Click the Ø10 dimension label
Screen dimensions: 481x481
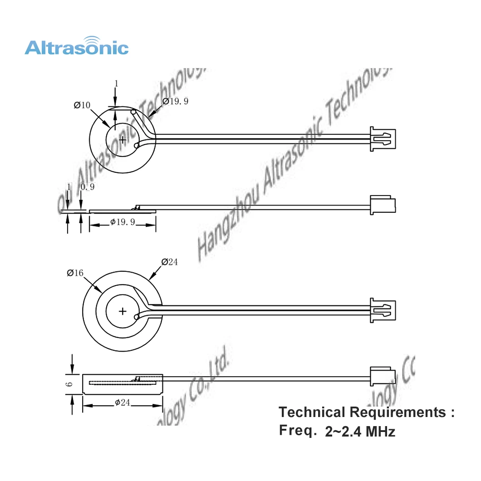(82, 105)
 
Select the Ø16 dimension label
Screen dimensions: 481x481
(75, 273)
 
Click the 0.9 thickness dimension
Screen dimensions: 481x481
(88, 187)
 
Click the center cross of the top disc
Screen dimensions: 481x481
(123, 140)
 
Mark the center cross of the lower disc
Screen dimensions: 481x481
(123, 311)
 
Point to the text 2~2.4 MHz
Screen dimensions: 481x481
(360, 432)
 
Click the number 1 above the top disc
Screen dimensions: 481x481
(116, 83)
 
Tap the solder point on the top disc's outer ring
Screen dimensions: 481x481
(133, 111)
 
